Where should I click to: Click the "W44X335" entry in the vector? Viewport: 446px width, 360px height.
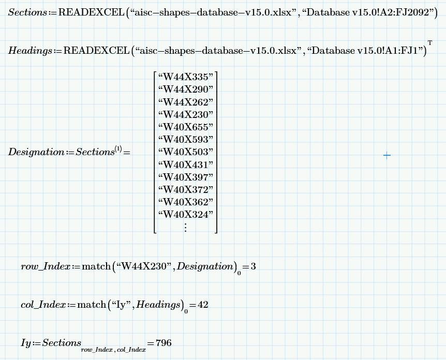coord(185,77)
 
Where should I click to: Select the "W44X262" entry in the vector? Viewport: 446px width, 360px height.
coord(185,102)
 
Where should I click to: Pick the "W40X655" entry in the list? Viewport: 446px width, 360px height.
coord(185,127)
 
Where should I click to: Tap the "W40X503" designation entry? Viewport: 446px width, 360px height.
coord(185,152)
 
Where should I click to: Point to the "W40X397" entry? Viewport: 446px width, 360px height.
coord(185,177)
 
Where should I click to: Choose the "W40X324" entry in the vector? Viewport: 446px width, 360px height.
coord(185,214)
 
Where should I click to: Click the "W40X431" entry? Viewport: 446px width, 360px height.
coord(185,164)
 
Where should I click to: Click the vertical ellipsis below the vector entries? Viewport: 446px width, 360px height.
coord(185,227)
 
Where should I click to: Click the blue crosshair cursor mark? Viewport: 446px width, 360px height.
coord(387,155)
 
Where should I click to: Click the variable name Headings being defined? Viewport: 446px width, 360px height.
coord(29,51)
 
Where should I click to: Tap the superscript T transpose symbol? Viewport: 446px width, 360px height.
coord(429,42)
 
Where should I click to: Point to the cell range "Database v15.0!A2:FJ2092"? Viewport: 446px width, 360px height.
coord(369,13)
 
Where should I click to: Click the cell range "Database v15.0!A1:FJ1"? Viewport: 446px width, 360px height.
coord(366,51)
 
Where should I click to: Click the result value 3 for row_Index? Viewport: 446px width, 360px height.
coord(253,266)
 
